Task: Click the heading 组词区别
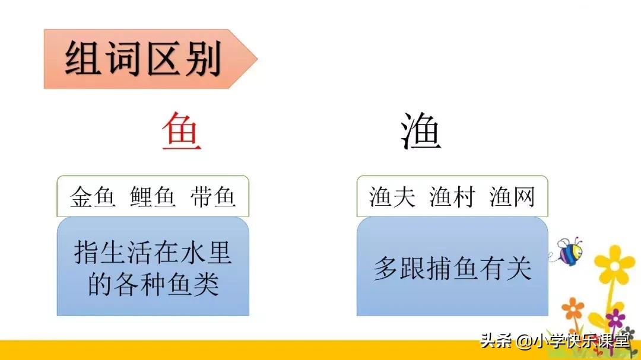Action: point(142,59)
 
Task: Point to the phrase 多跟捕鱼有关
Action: point(452,269)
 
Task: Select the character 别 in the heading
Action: point(202,59)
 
